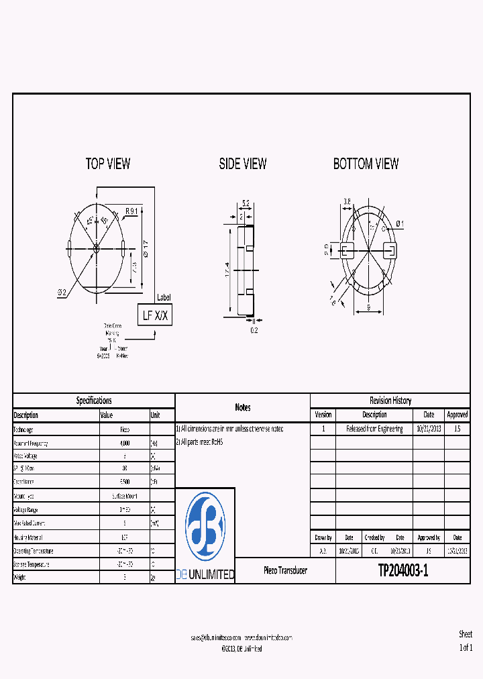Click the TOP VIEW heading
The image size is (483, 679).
click(x=108, y=164)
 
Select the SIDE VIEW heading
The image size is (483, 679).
click(x=243, y=164)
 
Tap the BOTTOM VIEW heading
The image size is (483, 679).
click(x=366, y=164)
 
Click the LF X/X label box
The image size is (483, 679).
click(x=156, y=315)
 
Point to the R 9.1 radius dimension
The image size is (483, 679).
click(x=131, y=211)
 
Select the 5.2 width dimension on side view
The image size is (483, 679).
click(x=246, y=203)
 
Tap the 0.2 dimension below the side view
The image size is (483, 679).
click(x=253, y=329)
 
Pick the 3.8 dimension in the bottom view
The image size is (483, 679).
click(x=347, y=201)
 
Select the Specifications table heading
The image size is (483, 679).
click(x=94, y=401)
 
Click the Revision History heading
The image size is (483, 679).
click(x=390, y=401)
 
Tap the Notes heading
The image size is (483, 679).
click(x=243, y=407)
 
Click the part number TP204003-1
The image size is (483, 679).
click(x=402, y=571)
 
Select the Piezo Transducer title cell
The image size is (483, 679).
click(x=285, y=571)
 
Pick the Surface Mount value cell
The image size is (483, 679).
click(x=124, y=496)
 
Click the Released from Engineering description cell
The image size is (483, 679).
click(x=374, y=429)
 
